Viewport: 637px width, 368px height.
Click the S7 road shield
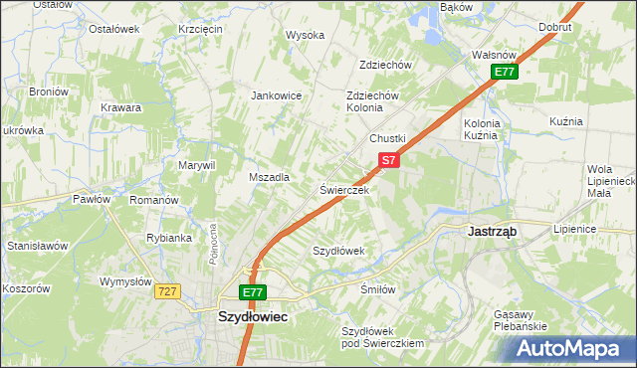coord(388,159)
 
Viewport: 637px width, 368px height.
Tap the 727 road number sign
coord(166,290)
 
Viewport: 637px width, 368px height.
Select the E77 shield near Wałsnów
coord(505,72)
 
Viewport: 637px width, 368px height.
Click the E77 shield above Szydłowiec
coord(253,292)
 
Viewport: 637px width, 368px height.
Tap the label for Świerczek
coord(344,189)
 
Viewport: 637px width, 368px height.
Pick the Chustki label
coord(389,138)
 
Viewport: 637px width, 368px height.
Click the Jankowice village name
coord(276,96)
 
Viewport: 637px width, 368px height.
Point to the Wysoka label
coord(306,35)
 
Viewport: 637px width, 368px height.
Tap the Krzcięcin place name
coord(200,29)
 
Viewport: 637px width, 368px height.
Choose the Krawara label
coord(120,107)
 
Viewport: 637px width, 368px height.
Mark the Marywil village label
coord(196,165)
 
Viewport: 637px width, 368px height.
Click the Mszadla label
coord(269,177)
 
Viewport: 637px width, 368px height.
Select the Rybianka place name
coord(168,238)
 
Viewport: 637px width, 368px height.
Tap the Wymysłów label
coord(124,281)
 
